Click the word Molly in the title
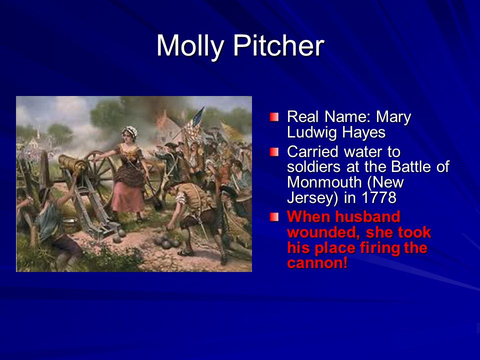[190, 46]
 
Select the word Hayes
[363, 133]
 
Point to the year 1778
[379, 197]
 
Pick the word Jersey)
[312, 198]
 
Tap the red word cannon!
[317, 263]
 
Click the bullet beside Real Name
[274, 117]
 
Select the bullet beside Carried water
[274, 152]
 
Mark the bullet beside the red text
[274, 217]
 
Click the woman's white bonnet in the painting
[130, 131]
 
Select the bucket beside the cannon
[70, 225]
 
